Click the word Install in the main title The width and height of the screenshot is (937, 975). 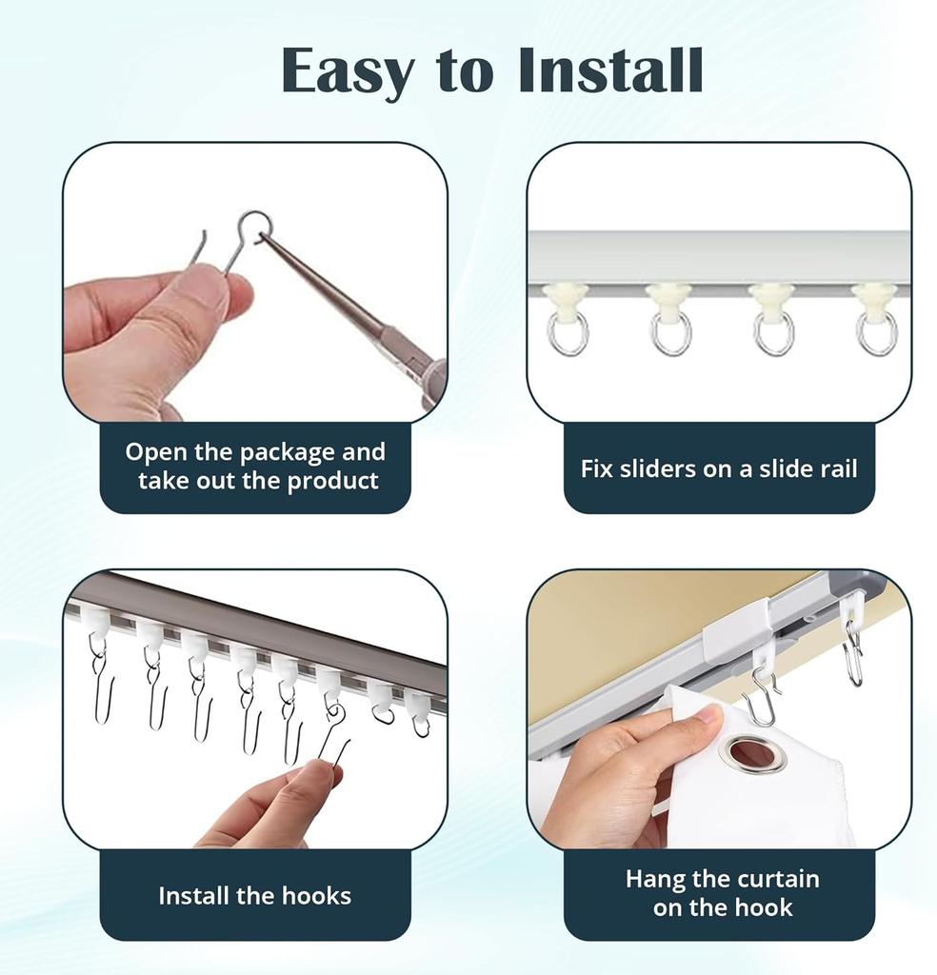coord(610,70)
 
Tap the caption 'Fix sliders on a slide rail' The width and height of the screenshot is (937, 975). coord(719,468)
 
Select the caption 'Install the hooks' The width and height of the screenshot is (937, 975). coord(254,895)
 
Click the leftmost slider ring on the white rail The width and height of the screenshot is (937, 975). coord(568,332)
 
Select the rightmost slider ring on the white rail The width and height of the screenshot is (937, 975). coord(875,332)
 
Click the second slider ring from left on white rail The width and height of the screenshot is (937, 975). coord(670,332)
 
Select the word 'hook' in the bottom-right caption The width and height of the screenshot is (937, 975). coord(761,907)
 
